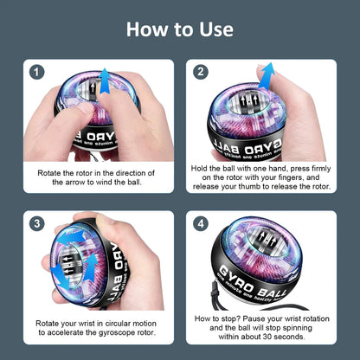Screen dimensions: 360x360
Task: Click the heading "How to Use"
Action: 180,29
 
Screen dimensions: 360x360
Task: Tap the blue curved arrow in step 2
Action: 266,76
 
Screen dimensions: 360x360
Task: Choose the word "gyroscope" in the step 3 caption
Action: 107,333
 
